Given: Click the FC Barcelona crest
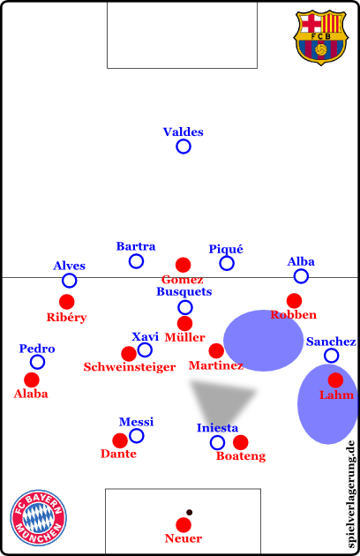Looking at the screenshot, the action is (x=320, y=38).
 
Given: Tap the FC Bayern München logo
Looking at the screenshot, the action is (x=38, y=518).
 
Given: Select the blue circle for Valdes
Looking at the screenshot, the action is (x=184, y=147).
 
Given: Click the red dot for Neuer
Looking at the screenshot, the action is (x=184, y=525).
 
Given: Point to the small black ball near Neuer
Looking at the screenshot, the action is (x=190, y=512).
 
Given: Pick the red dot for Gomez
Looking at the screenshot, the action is (x=183, y=265).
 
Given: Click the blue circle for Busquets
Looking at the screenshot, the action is (x=184, y=307).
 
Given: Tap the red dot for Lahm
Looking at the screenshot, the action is (x=335, y=380).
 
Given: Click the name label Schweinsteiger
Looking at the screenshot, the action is (x=130, y=367).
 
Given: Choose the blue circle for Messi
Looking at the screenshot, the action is (x=136, y=436).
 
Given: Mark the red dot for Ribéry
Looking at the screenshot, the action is (x=67, y=302).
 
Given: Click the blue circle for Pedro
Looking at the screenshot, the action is (x=37, y=362).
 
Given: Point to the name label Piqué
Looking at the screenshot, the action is (x=226, y=249).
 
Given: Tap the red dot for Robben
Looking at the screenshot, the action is (x=294, y=301).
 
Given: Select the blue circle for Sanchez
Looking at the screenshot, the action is (x=331, y=356).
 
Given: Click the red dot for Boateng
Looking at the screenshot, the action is (x=241, y=442).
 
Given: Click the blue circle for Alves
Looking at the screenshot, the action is (x=69, y=281).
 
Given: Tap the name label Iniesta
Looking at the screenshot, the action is (x=217, y=428).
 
